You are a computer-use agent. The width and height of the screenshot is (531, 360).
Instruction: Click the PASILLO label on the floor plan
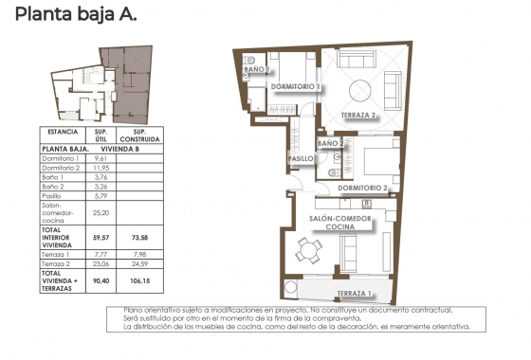pos(302,158)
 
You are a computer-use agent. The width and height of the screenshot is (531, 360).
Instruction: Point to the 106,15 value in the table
pos(139,279)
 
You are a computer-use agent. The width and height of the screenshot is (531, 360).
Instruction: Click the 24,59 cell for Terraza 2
pos(139,266)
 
